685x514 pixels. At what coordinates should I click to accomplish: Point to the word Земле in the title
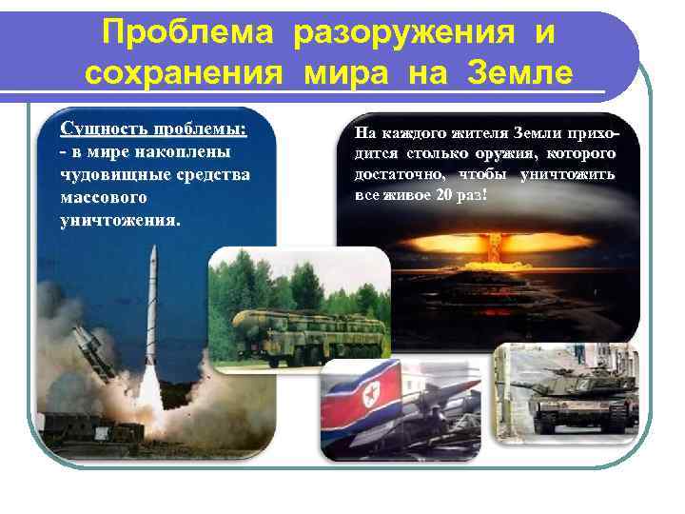[518, 72]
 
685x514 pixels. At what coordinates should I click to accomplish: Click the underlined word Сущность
[100, 128]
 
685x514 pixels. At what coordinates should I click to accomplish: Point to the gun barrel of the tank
[533, 384]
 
